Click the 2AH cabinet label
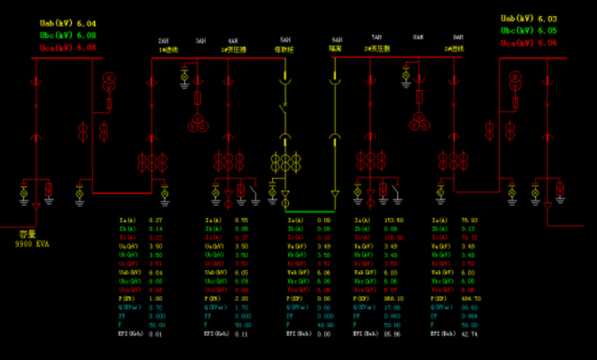163,40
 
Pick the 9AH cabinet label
458,38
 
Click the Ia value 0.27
156,220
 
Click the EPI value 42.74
469,335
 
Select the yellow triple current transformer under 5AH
286,162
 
